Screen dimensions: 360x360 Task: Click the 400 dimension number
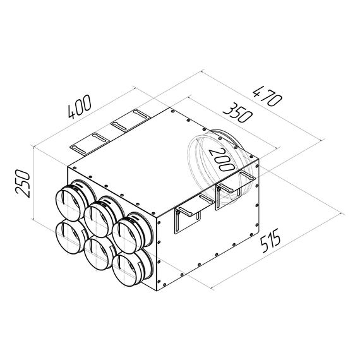(80, 108)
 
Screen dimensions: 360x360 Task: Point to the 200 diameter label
(222, 158)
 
